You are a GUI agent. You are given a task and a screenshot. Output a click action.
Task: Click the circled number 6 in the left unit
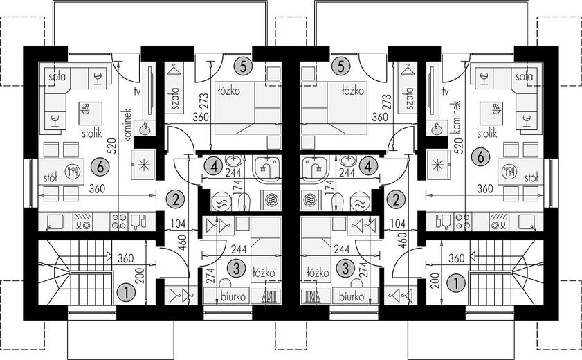(100, 167)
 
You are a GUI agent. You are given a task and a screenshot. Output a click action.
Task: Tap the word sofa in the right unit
(524, 77)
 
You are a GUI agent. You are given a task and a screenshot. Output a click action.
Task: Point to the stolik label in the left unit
(91, 132)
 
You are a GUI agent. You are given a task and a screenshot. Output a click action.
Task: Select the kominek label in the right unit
(457, 117)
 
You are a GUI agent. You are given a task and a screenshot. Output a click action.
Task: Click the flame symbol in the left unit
(145, 129)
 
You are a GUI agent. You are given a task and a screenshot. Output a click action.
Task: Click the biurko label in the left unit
(233, 296)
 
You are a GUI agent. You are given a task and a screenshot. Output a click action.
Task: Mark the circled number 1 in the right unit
(457, 284)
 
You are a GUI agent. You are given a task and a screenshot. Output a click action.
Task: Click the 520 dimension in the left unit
(113, 146)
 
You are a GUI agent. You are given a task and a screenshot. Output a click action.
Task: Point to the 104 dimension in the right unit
(398, 224)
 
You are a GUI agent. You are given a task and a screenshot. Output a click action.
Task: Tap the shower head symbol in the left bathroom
(266, 167)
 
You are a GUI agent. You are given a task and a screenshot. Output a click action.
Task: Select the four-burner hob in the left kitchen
(119, 222)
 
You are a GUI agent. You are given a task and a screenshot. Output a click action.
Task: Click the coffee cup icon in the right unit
(495, 109)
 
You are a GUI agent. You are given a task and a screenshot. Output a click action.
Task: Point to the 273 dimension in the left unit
(206, 100)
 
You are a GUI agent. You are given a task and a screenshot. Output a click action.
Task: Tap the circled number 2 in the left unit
(176, 200)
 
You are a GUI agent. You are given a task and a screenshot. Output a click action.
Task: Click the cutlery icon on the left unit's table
(73, 172)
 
